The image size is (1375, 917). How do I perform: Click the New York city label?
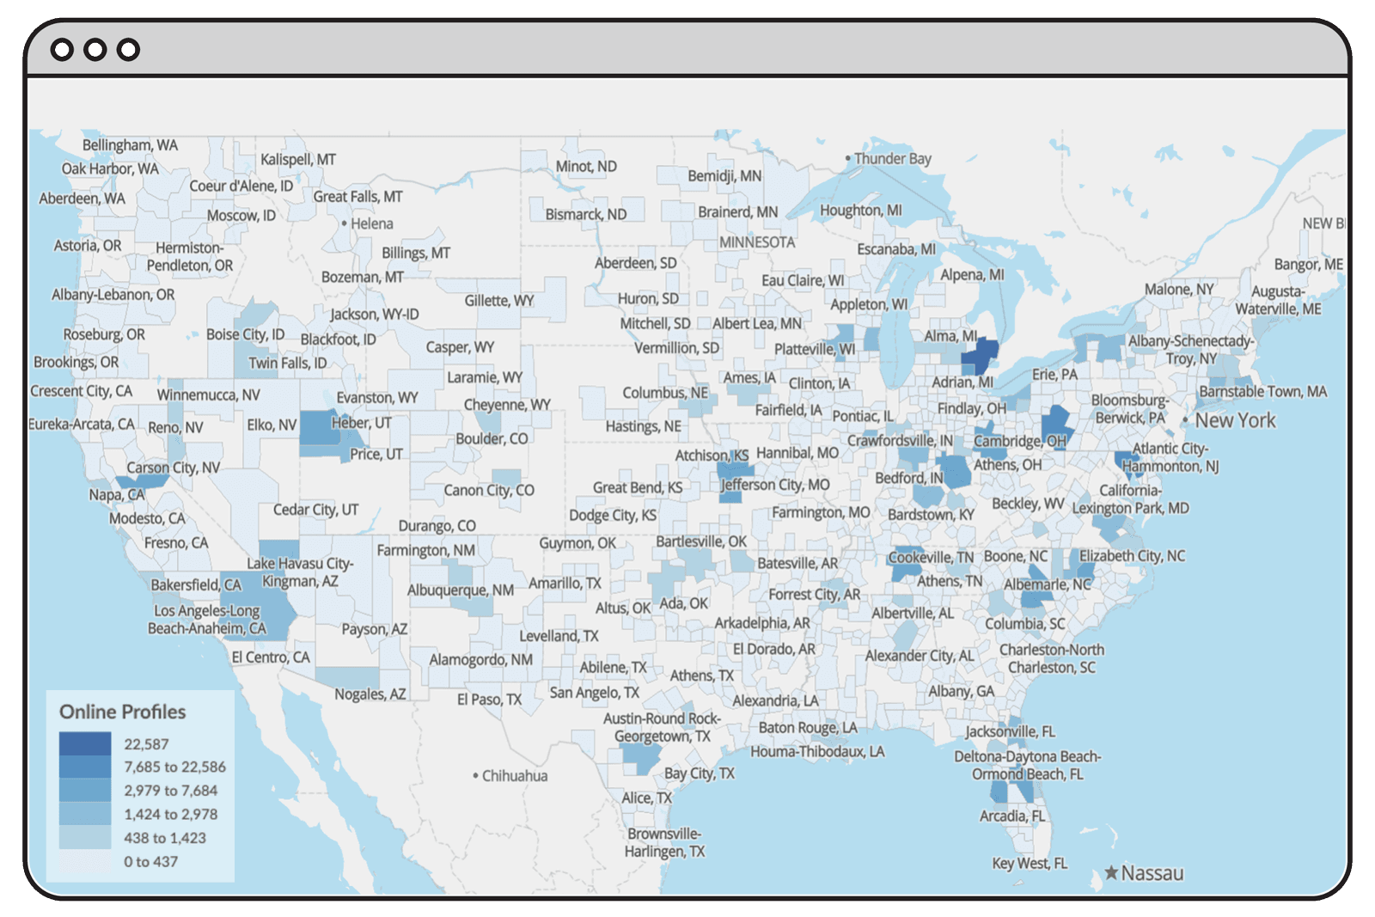pyautogui.click(x=1235, y=420)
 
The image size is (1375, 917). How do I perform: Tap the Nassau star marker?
pyautogui.click(x=1111, y=873)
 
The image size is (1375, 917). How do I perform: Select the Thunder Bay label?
pyautogui.click(x=892, y=158)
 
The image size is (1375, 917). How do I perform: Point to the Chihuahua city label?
pyautogui.click(x=514, y=775)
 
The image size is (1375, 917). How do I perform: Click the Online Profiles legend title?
pyautogui.click(x=122, y=712)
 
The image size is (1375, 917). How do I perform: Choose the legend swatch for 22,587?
pyautogui.click(x=85, y=743)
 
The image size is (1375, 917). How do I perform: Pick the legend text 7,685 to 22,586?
pyautogui.click(x=174, y=767)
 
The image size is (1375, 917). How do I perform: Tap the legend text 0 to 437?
pyautogui.click(x=150, y=861)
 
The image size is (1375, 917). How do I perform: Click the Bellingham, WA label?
pyautogui.click(x=130, y=144)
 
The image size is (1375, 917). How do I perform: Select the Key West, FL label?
pyautogui.click(x=1030, y=863)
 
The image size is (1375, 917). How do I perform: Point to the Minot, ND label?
pyautogui.click(x=586, y=166)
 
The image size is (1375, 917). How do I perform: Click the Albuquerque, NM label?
pyautogui.click(x=461, y=590)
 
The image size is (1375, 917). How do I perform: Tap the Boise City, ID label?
pyautogui.click(x=245, y=334)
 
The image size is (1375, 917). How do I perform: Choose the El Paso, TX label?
pyautogui.click(x=489, y=699)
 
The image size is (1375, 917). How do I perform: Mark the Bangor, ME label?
pyautogui.click(x=1308, y=264)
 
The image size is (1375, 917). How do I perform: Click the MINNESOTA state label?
pyautogui.click(x=757, y=242)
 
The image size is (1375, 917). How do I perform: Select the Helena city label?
pyautogui.click(x=371, y=223)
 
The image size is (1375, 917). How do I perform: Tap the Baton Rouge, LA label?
pyautogui.click(x=807, y=727)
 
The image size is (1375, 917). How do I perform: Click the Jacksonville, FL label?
pyautogui.click(x=1010, y=731)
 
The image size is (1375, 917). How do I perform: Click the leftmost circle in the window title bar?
pyautogui.click(x=62, y=50)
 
